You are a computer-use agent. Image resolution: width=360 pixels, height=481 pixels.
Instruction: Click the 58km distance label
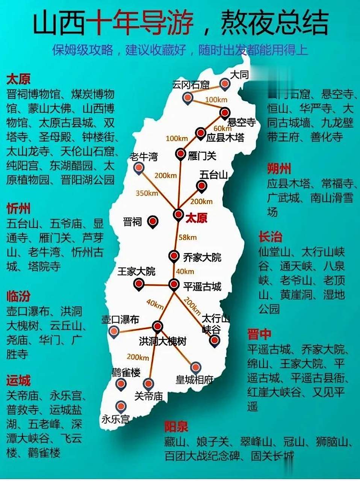187,237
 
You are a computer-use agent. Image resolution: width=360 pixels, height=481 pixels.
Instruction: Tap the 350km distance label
147,193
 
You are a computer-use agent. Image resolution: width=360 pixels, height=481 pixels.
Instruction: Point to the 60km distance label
222,129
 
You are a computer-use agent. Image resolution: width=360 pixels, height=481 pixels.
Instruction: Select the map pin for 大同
225,84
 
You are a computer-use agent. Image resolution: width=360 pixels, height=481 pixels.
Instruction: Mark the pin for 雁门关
181,153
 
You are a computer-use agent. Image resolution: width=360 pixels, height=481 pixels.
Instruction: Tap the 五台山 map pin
202,185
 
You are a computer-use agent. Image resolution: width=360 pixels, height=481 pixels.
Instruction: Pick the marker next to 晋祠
153,221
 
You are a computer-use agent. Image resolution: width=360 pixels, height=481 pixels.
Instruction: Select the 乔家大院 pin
174,256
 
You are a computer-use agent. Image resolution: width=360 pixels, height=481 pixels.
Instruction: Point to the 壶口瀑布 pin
113,331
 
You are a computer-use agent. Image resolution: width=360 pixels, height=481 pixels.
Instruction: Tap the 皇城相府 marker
195,367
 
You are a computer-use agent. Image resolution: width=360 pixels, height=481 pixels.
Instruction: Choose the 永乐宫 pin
121,406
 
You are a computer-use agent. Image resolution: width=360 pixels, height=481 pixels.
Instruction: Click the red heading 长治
270,237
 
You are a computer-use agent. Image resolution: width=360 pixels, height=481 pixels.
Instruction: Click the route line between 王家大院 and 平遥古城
157,285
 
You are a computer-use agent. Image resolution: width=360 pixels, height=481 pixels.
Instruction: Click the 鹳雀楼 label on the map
126,372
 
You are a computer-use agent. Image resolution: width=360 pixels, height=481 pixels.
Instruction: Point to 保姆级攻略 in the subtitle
83,50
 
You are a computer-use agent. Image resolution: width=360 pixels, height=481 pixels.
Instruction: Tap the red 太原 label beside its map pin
197,218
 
